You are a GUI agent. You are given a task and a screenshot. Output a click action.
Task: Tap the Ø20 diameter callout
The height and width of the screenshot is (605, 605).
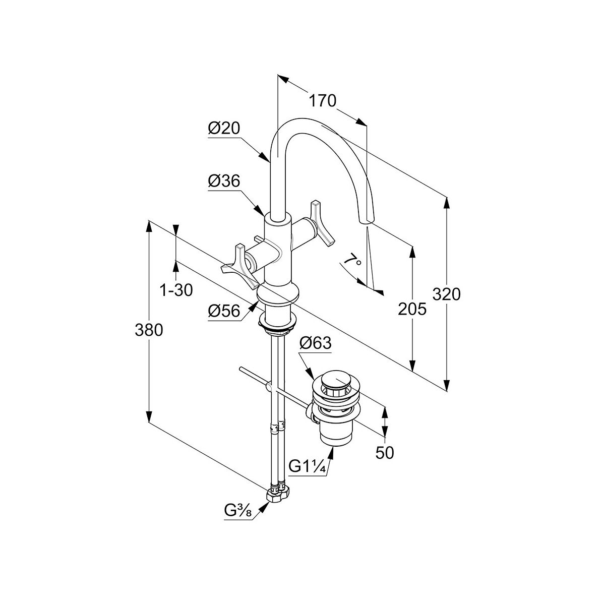pos(224,129)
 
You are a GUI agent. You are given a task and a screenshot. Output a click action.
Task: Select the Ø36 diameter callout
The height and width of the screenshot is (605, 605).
pos(224,181)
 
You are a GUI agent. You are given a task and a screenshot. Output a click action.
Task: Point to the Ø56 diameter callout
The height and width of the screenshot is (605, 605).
pos(224,311)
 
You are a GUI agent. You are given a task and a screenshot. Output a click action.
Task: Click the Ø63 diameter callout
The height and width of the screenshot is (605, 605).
pos(315,343)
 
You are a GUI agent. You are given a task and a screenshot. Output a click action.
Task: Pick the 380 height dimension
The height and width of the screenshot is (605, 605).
pos(149,330)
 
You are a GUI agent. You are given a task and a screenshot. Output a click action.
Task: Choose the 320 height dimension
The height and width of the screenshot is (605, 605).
pos(446,294)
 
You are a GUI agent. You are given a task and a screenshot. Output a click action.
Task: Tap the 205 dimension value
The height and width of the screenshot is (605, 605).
pos(412,309)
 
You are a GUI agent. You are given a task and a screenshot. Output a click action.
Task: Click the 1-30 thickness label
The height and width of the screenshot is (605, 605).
pos(176,290)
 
